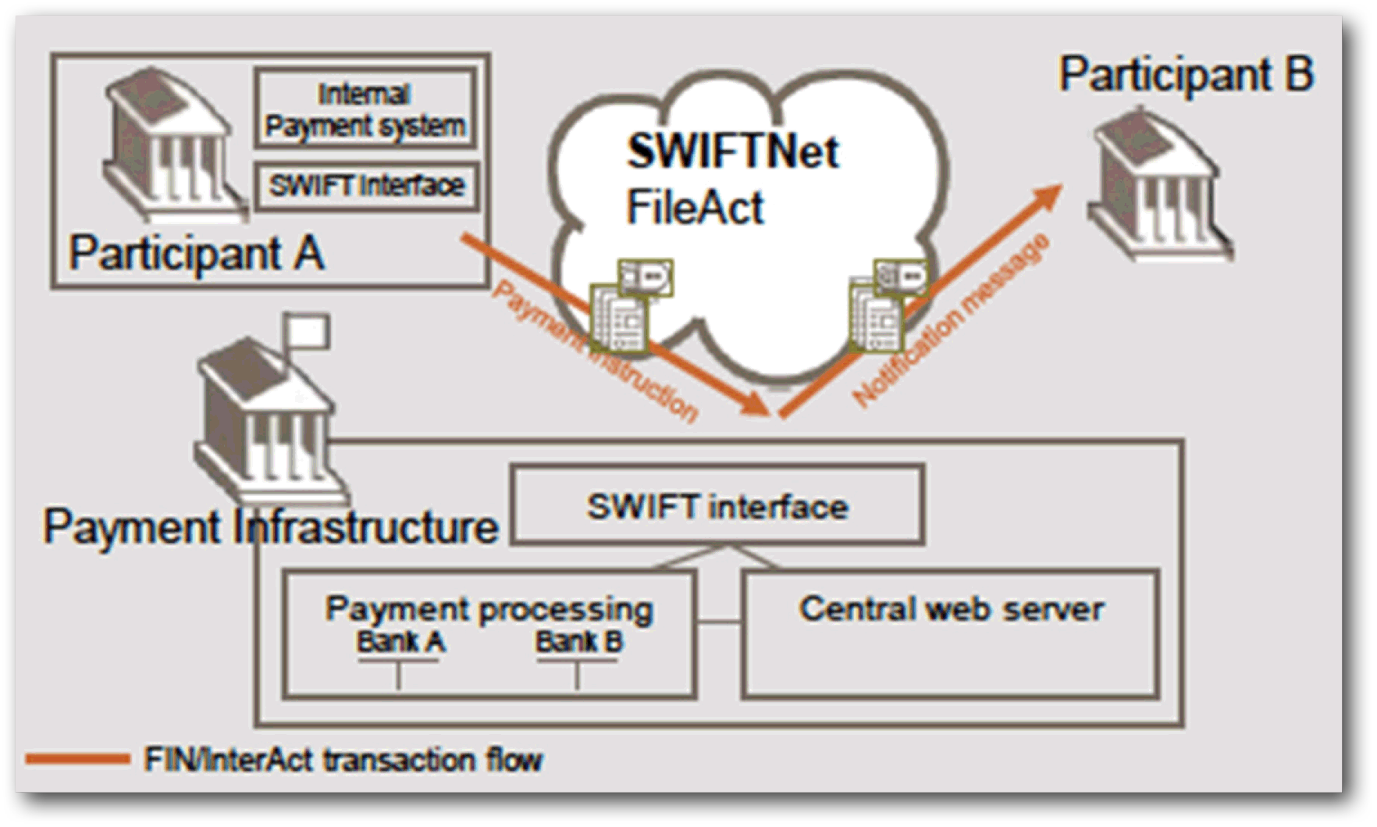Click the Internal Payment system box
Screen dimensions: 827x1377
tap(365, 109)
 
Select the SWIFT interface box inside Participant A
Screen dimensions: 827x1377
tap(366, 186)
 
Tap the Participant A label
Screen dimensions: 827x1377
tap(197, 253)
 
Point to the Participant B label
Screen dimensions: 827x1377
tap(1186, 75)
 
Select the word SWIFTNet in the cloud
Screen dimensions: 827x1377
tap(732, 151)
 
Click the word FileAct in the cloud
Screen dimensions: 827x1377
tap(695, 208)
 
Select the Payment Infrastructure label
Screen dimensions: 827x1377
tap(270, 526)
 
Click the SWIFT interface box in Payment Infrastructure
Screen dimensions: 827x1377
tap(717, 505)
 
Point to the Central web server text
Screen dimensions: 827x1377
tap(951, 609)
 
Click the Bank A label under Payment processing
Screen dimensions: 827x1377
tap(400, 642)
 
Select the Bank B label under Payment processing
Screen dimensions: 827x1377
tap(578, 642)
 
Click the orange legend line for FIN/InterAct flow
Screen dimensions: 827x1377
tap(76, 759)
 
